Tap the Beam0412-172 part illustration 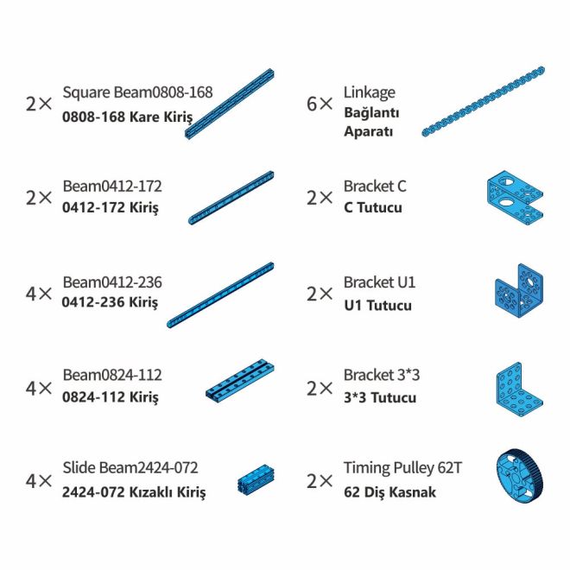pyautogui.click(x=231, y=198)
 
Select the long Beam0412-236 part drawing pyautogui.click(x=220, y=295)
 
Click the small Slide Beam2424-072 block pyautogui.click(x=256, y=479)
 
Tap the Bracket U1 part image pyautogui.click(x=518, y=294)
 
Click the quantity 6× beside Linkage pyautogui.click(x=320, y=104)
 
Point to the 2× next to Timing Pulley pyautogui.click(x=320, y=480)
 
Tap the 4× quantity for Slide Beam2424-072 pyautogui.click(x=39, y=480)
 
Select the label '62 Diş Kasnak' pyautogui.click(x=389, y=493)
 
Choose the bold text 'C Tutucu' pyautogui.click(x=372, y=208)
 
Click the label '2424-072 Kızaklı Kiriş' pyautogui.click(x=134, y=493)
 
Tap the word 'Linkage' pyautogui.click(x=369, y=92)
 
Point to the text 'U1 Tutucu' pyautogui.click(x=377, y=305)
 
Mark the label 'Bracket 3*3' pyautogui.click(x=381, y=376)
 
